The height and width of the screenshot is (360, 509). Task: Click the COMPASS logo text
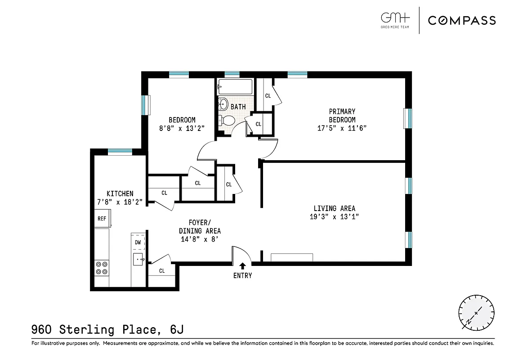pos(462,20)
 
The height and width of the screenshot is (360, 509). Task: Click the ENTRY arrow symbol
pos(243,266)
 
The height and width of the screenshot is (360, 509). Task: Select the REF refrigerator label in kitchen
pos(102,219)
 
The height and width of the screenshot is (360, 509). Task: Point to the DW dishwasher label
pos(138,243)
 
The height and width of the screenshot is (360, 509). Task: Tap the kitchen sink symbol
pos(138,259)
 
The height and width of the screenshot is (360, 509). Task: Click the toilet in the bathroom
pos(227,121)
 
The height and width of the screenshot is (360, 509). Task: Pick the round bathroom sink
pos(222,104)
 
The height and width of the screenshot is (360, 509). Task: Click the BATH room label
pos(238,107)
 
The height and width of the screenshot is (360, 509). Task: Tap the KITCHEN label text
pos(120,194)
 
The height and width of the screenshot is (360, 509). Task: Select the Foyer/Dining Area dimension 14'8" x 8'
pos(200,239)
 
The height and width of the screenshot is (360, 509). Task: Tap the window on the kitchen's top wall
pos(120,152)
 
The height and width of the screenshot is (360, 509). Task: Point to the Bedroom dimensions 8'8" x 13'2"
pos(182,128)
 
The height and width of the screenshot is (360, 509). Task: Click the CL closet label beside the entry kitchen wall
pos(162,271)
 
